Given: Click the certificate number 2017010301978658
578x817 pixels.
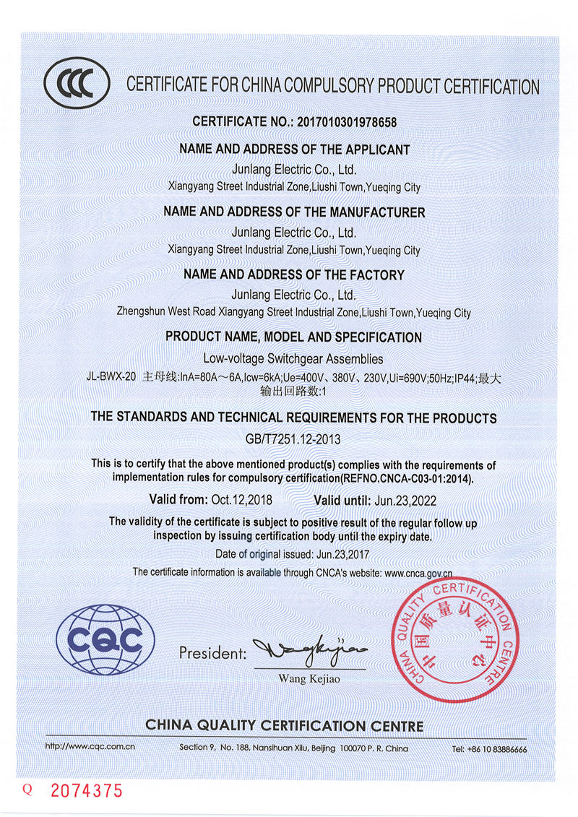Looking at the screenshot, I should coord(347,122).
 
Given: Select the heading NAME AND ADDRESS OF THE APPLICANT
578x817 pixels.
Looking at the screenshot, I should coord(294,150).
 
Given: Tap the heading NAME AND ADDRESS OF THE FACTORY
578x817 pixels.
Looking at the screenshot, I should coord(294,275).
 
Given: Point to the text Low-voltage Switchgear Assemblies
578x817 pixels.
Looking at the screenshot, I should coord(293,358).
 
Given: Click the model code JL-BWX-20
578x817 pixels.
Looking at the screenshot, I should coord(111,377).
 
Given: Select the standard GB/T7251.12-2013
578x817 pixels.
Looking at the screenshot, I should coord(293,438).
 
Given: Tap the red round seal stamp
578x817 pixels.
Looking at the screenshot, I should coord(453,640).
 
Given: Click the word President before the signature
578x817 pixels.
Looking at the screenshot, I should coord(212,654).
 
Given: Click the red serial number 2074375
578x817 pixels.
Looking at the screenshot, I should coord(86,791).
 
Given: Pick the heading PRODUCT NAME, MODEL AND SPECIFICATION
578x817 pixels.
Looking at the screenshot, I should coord(293,337).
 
